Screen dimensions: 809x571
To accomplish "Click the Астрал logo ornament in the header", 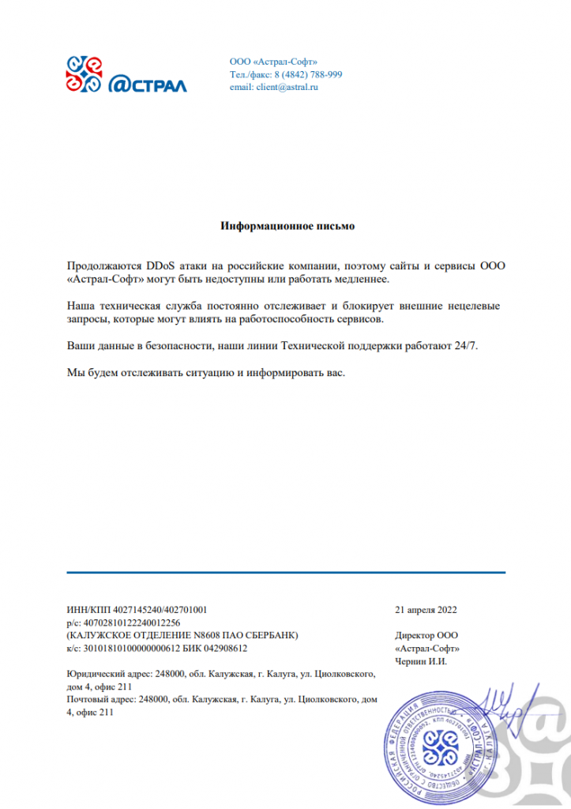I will click(x=84, y=73).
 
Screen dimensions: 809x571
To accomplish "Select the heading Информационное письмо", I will click(x=287, y=227).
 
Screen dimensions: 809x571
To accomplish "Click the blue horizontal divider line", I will click(x=286, y=571).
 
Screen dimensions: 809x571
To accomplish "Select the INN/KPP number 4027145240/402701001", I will click(x=160, y=610).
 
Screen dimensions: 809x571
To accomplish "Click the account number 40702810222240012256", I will click(x=130, y=623).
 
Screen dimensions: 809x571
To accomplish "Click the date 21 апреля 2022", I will click(x=426, y=610).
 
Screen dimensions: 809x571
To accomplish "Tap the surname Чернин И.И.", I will click(x=420, y=661).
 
